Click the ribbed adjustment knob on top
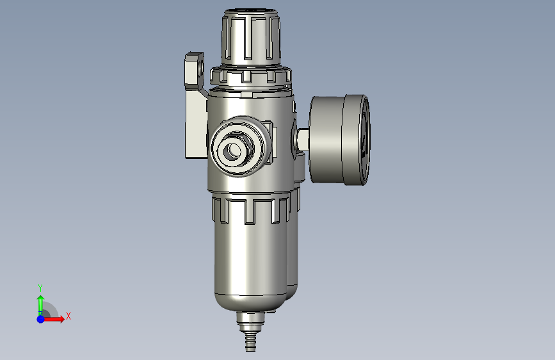coord(252,37)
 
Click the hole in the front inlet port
coord(234,150)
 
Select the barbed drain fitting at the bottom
coord(250,331)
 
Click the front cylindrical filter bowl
coord(250,255)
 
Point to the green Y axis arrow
coord(40,305)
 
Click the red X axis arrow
coord(53,319)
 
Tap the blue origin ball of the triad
coord(40,319)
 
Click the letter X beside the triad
coord(68,316)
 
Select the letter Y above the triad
coord(40,288)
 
